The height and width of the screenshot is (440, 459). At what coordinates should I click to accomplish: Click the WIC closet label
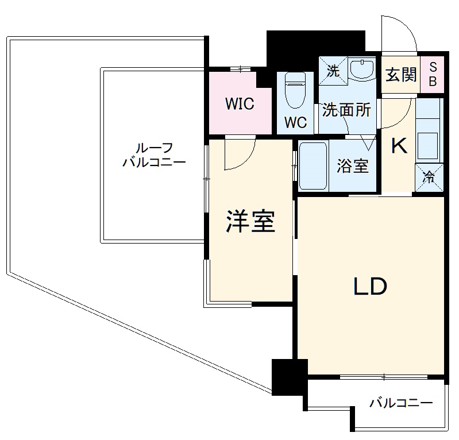(240, 105)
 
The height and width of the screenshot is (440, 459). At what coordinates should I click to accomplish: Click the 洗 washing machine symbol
(333, 71)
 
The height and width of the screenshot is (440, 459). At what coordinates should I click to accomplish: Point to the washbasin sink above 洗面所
(362, 71)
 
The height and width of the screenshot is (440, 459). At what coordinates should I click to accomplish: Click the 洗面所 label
(346, 110)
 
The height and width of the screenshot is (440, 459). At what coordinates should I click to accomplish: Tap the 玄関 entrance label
(400, 75)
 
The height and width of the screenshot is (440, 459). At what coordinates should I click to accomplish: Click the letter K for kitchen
(399, 146)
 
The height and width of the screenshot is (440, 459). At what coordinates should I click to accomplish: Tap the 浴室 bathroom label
(353, 166)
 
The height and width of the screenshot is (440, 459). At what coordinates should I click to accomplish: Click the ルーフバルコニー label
(154, 155)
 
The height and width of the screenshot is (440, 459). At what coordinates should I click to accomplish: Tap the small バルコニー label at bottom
(401, 403)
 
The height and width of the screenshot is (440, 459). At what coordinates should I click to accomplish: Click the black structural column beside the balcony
(287, 377)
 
